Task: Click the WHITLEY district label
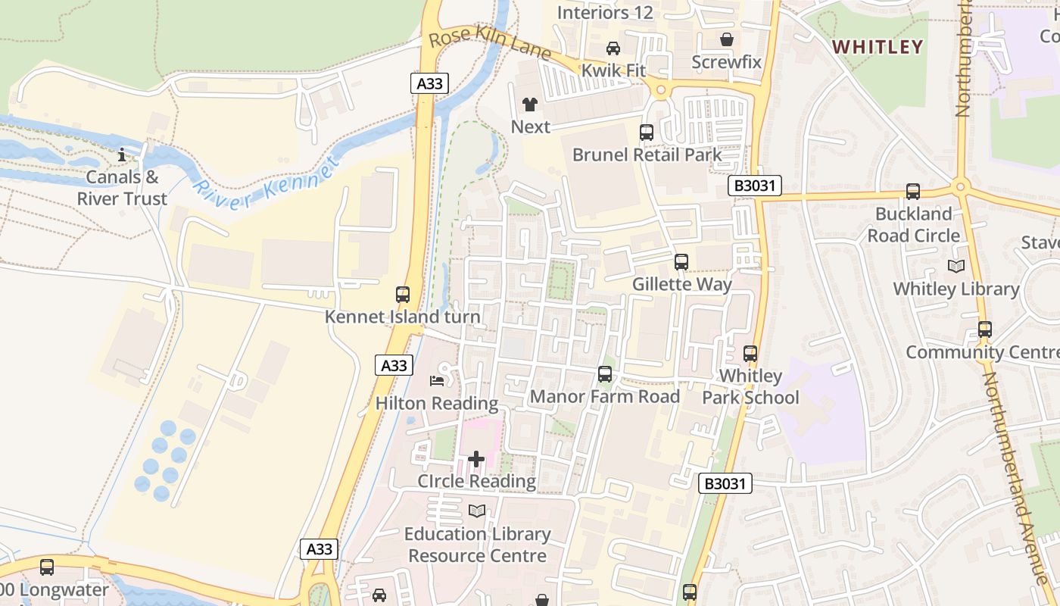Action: coord(878,46)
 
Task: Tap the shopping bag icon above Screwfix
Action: coord(727,39)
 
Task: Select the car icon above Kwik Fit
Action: coord(613,48)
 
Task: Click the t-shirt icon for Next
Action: coord(529,105)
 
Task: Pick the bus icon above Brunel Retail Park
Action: coord(647,132)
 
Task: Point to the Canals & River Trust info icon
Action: coord(122,155)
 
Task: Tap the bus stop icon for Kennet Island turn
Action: coord(403,295)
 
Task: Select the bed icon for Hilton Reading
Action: coord(437,380)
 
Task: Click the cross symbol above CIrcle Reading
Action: coord(476,458)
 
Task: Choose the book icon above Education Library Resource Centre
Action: coord(476,511)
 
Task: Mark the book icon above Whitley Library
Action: coord(956,266)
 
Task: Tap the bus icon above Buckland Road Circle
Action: coord(913,191)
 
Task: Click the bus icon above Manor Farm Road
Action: coord(604,373)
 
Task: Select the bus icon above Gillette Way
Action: coord(681,262)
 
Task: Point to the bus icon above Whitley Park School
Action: coord(750,353)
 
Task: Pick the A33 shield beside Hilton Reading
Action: coord(394,365)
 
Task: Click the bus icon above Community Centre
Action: coord(984,330)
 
